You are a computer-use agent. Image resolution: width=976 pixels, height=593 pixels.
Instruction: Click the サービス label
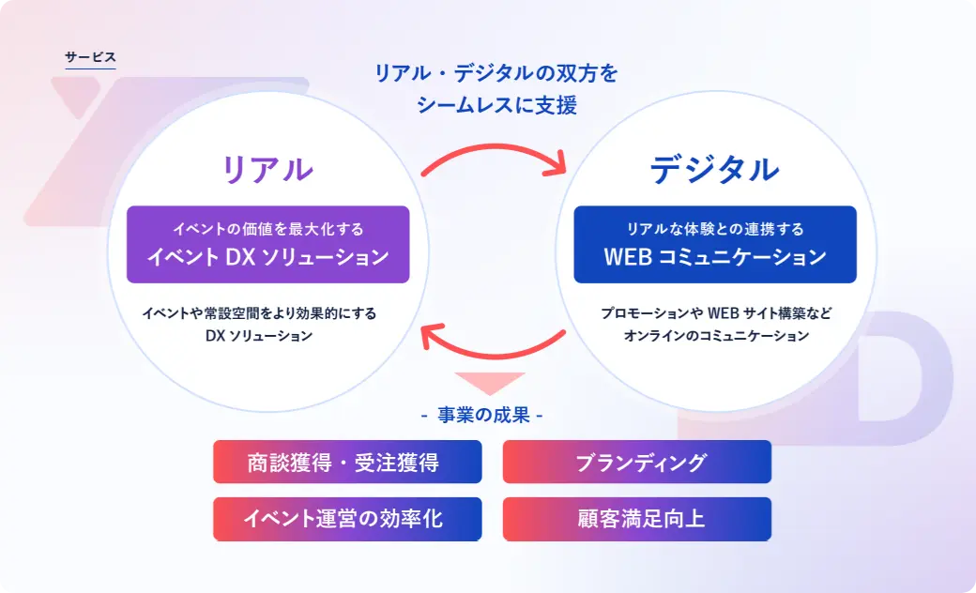pos(90,57)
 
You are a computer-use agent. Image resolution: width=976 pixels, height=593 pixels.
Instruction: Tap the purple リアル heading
pos(267,169)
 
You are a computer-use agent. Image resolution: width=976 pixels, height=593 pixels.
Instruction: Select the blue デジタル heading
pos(714,169)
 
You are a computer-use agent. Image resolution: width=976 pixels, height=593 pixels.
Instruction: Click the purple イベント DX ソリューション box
pos(268,245)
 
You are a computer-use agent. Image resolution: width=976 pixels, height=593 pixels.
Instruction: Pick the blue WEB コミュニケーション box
pos(715,245)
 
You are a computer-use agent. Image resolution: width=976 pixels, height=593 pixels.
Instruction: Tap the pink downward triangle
pos(490,382)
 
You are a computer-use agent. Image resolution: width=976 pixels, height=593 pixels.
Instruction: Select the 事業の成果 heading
pos(483,415)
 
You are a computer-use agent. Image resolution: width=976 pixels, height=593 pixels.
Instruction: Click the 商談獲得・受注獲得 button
pos(347,462)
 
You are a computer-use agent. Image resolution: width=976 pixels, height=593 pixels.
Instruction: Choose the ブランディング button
pos(637,462)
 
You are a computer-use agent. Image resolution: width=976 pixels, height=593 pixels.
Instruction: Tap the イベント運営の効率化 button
pos(347,519)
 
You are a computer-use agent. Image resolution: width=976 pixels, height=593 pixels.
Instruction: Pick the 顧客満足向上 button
pos(637,519)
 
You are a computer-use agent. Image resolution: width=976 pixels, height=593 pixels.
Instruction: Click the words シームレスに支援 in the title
pos(496,104)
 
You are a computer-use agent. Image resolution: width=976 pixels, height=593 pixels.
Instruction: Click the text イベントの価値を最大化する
pos(268,229)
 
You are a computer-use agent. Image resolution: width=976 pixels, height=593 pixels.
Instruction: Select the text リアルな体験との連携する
pos(715,229)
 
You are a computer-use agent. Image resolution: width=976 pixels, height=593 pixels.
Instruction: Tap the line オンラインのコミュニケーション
pos(716,335)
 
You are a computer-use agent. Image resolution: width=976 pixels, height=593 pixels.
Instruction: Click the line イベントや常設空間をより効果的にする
pos(259,313)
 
